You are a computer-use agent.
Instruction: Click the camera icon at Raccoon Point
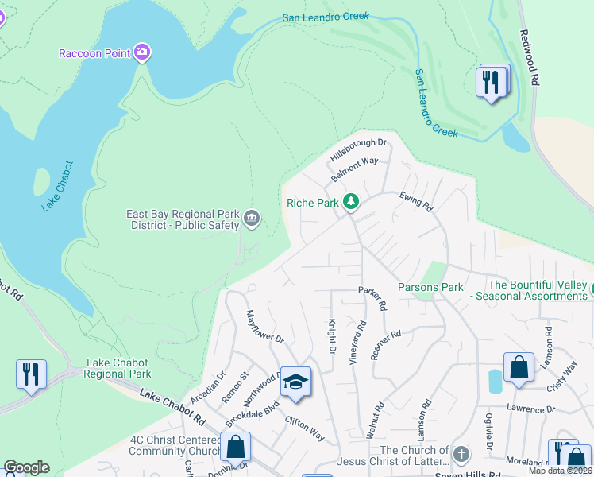tap(142, 53)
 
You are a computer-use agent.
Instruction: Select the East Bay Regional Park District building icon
tap(252, 219)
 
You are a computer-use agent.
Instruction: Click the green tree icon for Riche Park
tap(351, 203)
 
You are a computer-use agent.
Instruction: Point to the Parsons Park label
tap(430, 287)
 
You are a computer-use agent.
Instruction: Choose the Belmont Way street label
tap(355, 169)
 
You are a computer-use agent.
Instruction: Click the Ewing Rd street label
tap(415, 202)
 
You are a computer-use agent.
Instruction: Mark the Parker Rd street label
tap(372, 298)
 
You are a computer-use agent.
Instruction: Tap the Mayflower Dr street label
tap(264, 327)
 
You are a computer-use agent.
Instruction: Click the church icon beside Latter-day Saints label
tap(461, 455)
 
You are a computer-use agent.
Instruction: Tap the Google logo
tap(26, 467)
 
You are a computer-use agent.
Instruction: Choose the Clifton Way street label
tap(305, 429)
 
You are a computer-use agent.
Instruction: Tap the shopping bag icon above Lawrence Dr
tap(518, 367)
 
